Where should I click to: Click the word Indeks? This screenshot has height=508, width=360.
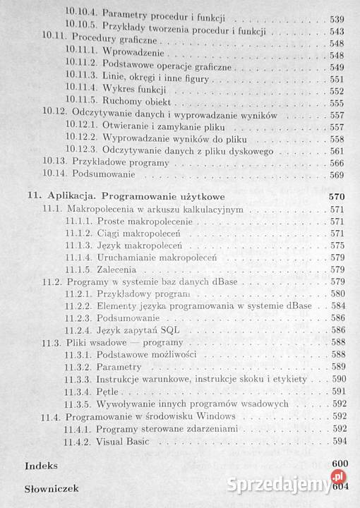tap(40, 466)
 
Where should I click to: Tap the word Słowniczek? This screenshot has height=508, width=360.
tap(51, 488)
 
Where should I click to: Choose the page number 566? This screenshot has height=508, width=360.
tap(337, 162)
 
